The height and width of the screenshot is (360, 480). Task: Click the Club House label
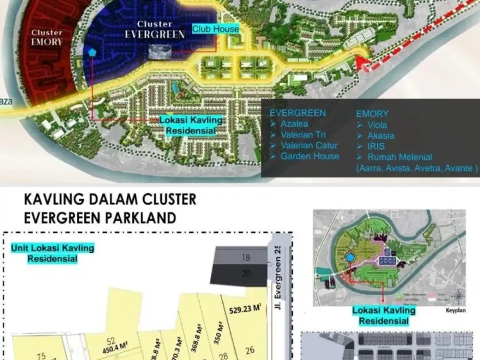216,29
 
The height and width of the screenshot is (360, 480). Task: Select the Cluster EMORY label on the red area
47,37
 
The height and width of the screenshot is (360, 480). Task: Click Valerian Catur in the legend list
309,145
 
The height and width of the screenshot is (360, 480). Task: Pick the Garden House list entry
310,156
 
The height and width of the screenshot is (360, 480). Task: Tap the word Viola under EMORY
377,125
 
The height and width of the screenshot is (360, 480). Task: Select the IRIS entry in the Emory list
376,146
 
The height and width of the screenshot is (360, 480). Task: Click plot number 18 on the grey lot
246,258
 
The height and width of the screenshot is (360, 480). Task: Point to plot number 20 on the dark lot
246,274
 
